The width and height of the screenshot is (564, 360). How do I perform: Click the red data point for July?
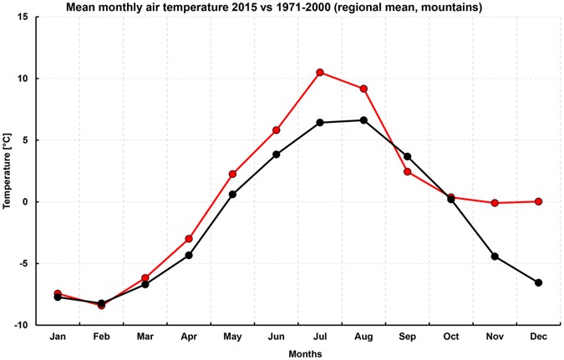pyautogui.click(x=320, y=73)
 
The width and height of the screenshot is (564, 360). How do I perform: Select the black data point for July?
pyautogui.click(x=320, y=123)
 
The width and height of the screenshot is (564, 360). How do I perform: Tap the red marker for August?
pyautogui.click(x=363, y=89)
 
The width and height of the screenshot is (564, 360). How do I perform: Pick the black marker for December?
pyautogui.click(x=538, y=282)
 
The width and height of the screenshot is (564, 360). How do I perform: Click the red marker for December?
pyautogui.click(x=538, y=201)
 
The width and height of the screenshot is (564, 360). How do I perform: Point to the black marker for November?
pyautogui.click(x=495, y=256)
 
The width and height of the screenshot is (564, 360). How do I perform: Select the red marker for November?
pyautogui.click(x=495, y=203)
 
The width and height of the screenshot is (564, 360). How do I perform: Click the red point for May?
pyautogui.click(x=232, y=174)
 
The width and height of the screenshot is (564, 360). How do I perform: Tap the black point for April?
pyautogui.click(x=189, y=255)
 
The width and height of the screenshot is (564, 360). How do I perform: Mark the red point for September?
pyautogui.click(x=407, y=172)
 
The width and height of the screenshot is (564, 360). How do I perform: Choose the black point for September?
pyautogui.click(x=407, y=156)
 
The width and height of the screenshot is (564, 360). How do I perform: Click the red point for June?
pyautogui.click(x=276, y=130)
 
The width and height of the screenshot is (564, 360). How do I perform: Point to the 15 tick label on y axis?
pyautogui.click(x=23, y=18)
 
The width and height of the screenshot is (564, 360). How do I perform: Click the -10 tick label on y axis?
pyautogui.click(x=21, y=325)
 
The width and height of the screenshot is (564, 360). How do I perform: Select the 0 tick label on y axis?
pyautogui.click(x=26, y=202)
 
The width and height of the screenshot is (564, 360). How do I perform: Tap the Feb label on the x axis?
pyautogui.click(x=101, y=337)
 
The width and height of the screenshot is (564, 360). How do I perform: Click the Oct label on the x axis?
pyautogui.click(x=450, y=337)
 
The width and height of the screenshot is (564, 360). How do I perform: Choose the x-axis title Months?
pyautogui.click(x=298, y=353)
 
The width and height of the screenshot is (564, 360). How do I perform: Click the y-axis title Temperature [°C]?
pyautogui.click(x=7, y=170)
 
